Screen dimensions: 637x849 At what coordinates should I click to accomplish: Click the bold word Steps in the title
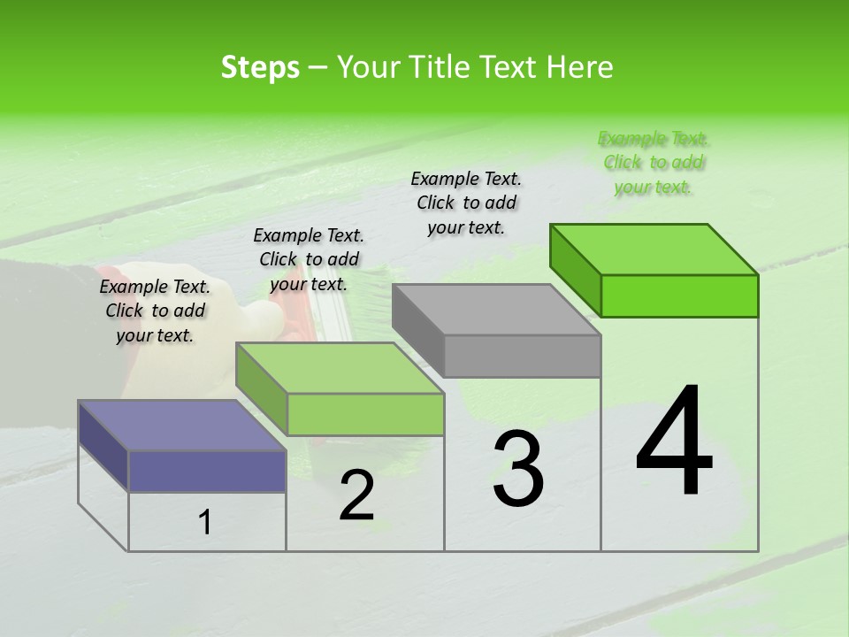pos(260,67)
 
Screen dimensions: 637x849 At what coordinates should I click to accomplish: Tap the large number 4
pos(674,441)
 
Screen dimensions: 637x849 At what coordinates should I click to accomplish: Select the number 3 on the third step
pos(518,469)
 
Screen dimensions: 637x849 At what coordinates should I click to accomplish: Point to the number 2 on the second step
pos(356,495)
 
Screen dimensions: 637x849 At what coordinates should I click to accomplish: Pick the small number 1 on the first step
pos(205,523)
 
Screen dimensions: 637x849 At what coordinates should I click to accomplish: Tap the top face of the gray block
pos(496,310)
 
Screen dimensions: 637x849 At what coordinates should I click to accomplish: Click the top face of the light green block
pos(340,368)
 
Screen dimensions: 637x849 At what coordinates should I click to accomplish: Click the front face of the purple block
pos(207,471)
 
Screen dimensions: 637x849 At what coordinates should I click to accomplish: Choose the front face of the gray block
pos(522,356)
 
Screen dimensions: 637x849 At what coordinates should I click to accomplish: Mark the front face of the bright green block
pos(679,295)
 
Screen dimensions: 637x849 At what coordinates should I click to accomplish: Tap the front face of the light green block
pos(365,414)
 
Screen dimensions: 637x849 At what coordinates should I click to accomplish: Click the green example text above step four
pos(654,163)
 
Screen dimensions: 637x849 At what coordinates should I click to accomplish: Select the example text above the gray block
pos(466,203)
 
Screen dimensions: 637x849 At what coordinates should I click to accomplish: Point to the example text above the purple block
pos(155,311)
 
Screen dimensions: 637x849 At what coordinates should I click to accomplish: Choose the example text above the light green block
pos(309,259)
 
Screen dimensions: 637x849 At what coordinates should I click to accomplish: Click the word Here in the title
pos(580,67)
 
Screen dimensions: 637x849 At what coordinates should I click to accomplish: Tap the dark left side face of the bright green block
pos(575,269)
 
